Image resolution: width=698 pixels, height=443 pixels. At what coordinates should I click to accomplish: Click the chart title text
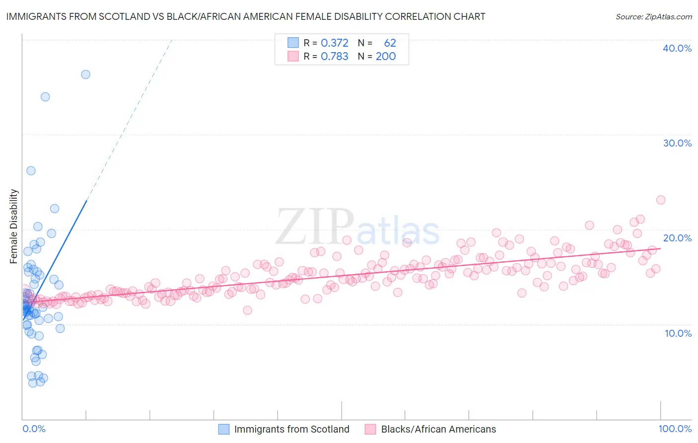246,16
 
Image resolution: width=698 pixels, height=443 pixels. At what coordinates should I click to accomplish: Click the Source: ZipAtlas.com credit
653,17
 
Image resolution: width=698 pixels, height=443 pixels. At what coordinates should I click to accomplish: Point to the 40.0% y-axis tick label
677,48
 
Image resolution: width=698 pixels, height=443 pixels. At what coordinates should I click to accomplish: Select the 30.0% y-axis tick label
677,143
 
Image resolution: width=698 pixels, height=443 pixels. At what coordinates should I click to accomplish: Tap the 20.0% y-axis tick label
677,238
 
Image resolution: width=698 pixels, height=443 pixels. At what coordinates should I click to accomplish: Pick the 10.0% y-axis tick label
678,333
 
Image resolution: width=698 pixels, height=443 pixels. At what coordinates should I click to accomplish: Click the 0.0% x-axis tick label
34,429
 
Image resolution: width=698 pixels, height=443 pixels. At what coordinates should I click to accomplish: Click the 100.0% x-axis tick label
675,429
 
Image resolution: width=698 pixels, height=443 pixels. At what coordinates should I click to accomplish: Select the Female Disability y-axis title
14,226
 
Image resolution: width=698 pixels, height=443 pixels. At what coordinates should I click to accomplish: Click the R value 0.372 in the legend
335,43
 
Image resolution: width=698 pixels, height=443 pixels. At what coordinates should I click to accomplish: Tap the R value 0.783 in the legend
335,57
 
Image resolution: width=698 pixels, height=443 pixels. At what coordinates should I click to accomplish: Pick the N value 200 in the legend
386,57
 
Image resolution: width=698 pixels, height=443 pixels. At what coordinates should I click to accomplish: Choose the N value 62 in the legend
390,43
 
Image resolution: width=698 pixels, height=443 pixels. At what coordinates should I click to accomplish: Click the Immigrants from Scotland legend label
291,429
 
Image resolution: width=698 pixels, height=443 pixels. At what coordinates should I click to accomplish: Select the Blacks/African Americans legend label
438,429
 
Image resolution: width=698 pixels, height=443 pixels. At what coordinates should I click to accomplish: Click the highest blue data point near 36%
85,74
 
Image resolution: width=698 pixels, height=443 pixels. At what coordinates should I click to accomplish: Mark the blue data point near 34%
45,97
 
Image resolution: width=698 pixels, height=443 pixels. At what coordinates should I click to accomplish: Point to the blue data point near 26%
31,171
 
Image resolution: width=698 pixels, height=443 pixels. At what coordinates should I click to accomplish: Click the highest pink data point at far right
660,200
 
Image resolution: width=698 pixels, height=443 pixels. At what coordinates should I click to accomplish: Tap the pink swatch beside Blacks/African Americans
370,429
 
